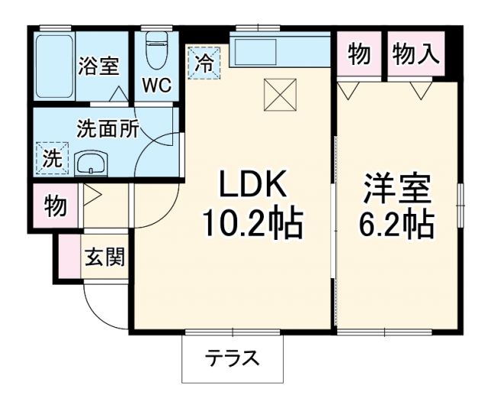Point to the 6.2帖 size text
click(x=396, y=224)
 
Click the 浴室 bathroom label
click(x=98, y=66)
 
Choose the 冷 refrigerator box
click(x=204, y=61)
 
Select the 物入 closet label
click(x=416, y=54)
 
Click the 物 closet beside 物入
click(x=359, y=54)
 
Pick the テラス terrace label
click(x=232, y=358)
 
